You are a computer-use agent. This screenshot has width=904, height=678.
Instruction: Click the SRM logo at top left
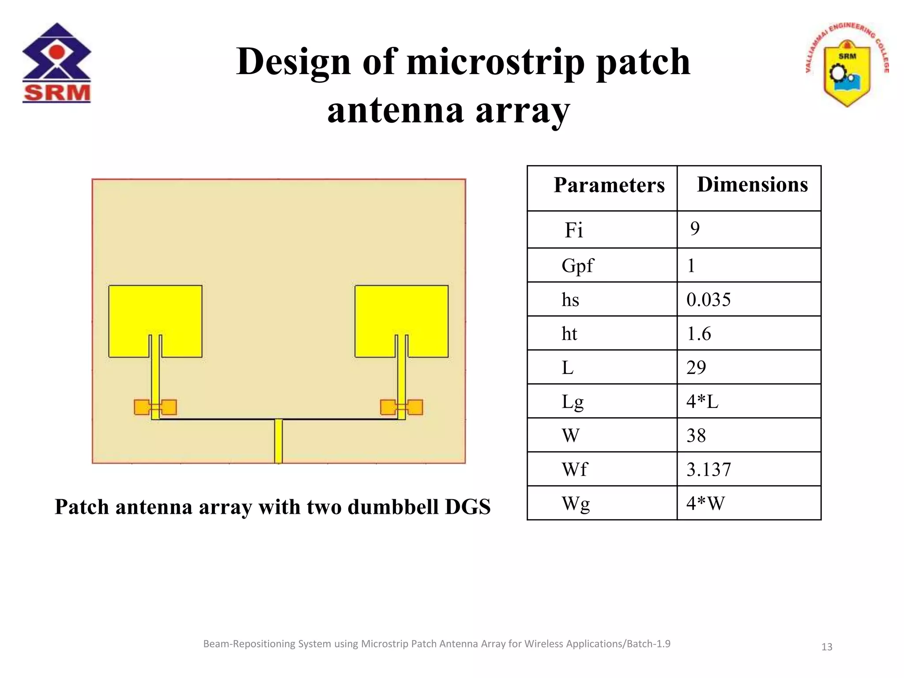pyautogui.click(x=56, y=63)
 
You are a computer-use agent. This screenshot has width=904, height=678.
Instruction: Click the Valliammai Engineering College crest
pyautogui.click(x=847, y=65)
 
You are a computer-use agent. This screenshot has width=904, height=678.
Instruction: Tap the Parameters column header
pyautogui.click(x=609, y=185)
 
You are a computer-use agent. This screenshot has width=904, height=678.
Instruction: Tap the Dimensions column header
pyautogui.click(x=752, y=185)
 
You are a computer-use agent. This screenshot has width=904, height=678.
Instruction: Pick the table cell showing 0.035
pyautogui.click(x=708, y=300)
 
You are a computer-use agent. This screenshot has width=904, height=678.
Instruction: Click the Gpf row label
pyautogui.click(x=577, y=266)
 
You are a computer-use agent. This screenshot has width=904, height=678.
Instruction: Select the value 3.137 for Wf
pyautogui.click(x=708, y=469)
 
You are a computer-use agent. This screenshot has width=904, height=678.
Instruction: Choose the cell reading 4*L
pyautogui.click(x=702, y=402)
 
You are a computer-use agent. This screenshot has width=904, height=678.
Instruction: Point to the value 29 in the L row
pyautogui.click(x=696, y=368)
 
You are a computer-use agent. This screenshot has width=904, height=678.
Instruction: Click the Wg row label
pyautogui.click(x=575, y=504)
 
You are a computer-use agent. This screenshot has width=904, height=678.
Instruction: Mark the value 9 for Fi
pyautogui.click(x=695, y=229)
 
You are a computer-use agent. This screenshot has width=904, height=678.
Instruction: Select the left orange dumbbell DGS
pyautogui.click(x=155, y=407)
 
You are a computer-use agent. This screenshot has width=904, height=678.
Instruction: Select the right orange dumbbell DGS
pyautogui.click(x=401, y=407)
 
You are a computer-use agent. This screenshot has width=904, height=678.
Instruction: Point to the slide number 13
pyautogui.click(x=826, y=647)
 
